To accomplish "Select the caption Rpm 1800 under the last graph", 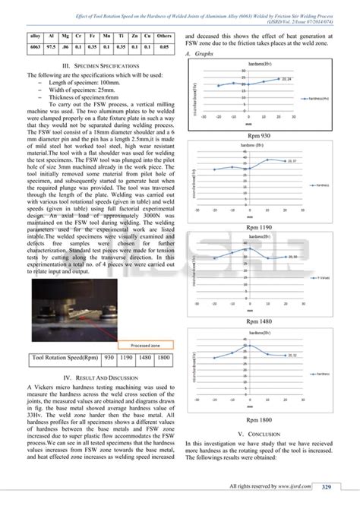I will coord(259,419).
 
